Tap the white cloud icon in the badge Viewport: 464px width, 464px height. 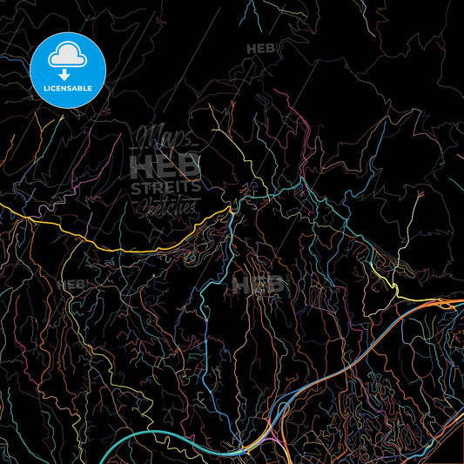point(68,57)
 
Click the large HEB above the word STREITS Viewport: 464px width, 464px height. point(165,165)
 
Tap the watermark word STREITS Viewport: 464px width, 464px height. point(165,186)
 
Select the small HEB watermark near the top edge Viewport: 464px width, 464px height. point(261,49)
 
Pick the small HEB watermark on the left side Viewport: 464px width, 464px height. point(71,284)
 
